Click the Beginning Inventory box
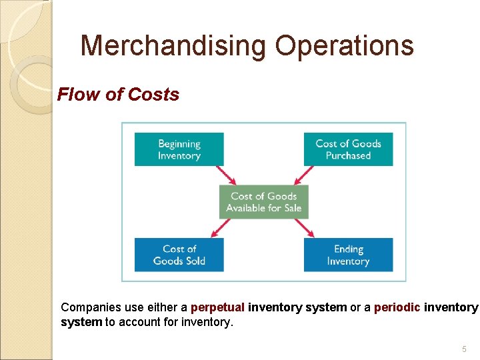(x=179, y=149)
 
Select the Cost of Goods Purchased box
(x=348, y=149)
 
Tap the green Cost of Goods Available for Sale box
(x=263, y=202)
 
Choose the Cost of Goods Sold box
(x=179, y=255)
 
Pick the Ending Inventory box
(x=348, y=255)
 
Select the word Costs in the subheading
(x=154, y=95)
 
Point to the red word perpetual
(x=217, y=307)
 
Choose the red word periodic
(x=398, y=307)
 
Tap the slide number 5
(x=464, y=349)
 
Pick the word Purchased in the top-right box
(x=348, y=155)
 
